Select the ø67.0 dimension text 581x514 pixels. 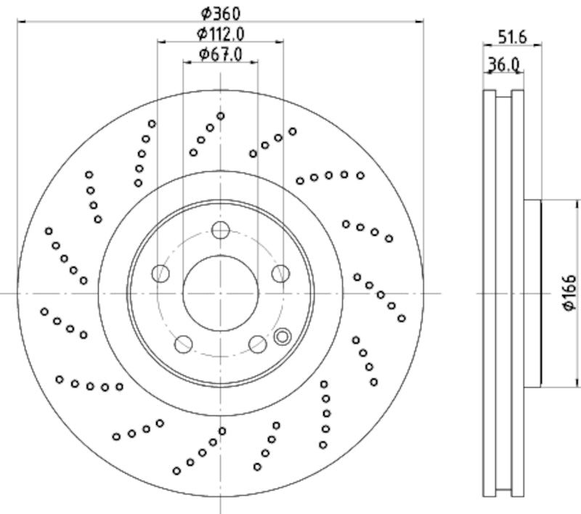tap(220, 54)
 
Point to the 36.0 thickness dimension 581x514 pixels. tap(503, 64)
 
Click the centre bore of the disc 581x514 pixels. tap(220, 293)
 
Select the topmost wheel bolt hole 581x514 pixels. tap(220, 232)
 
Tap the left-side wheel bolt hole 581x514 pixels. tap(161, 274)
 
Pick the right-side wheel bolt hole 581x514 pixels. tap(280, 273)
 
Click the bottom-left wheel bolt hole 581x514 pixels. tap(184, 343)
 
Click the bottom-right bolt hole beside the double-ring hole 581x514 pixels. tap(257, 343)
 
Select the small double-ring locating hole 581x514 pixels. tap(283, 336)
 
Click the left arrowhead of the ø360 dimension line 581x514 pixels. tap(22, 22)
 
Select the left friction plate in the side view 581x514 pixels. tap(489, 293)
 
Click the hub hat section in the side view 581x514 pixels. tap(532, 293)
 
